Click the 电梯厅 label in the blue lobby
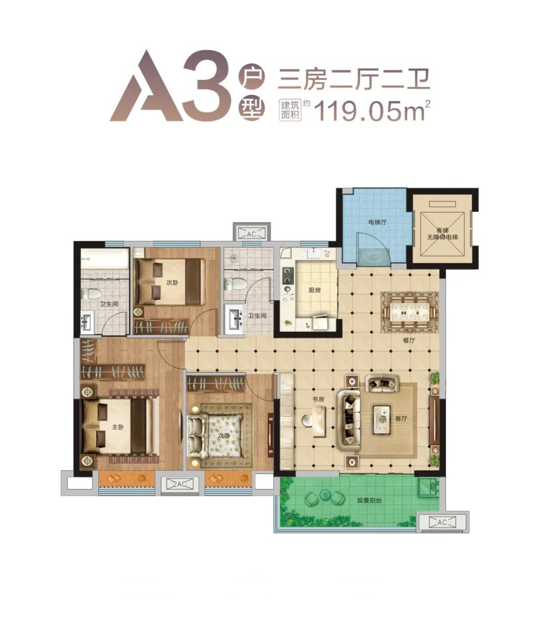pyautogui.click(x=377, y=222)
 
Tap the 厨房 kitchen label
pyautogui.click(x=314, y=290)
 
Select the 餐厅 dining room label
pyautogui.click(x=409, y=340)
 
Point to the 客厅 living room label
pyautogui.click(x=401, y=418)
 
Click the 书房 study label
pyautogui.click(x=318, y=399)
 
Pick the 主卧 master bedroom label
pyautogui.click(x=118, y=427)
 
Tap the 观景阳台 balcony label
pyautogui.click(x=369, y=501)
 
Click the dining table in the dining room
pyautogui.click(x=409, y=312)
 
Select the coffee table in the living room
pyautogui.click(x=382, y=420)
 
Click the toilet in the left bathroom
pyautogui.click(x=91, y=294)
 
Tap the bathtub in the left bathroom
pyautogui.click(x=104, y=258)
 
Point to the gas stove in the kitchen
pyautogui.click(x=288, y=276)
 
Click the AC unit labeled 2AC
pyautogui.click(x=179, y=484)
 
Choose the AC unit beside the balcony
pyautogui.click(x=442, y=522)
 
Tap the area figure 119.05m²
pyautogui.click(x=372, y=111)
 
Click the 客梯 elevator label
pyautogui.click(x=442, y=231)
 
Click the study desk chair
pyautogui.click(x=307, y=421)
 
